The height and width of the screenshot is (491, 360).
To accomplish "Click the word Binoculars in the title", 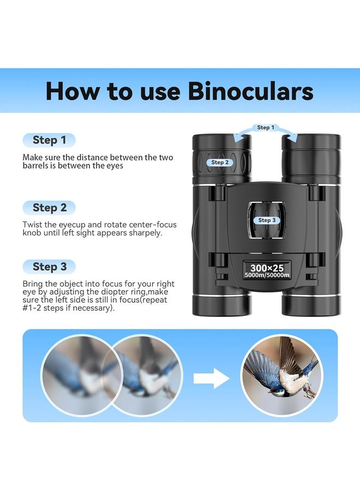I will (x=251, y=91).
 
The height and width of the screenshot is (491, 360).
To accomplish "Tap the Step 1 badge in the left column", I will (x=49, y=140).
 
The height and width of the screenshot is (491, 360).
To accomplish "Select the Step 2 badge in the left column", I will (x=49, y=208).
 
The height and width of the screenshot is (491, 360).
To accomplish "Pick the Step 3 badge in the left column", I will (x=49, y=267).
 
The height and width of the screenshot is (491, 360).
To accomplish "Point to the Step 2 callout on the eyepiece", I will (x=220, y=162).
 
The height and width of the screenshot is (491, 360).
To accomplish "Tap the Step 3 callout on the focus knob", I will (x=267, y=220).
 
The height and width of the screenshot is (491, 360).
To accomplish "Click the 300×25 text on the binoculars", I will (x=267, y=267).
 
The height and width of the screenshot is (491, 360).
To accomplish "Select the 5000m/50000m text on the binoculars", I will (x=267, y=276).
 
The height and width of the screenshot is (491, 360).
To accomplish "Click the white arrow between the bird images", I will (x=213, y=378).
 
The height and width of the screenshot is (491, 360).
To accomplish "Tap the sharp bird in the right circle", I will (x=281, y=375).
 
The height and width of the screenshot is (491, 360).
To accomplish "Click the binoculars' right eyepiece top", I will (x=311, y=143).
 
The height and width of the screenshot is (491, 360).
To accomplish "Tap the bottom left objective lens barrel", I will (x=221, y=303).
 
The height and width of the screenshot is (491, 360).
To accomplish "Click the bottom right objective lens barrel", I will (x=311, y=303).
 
